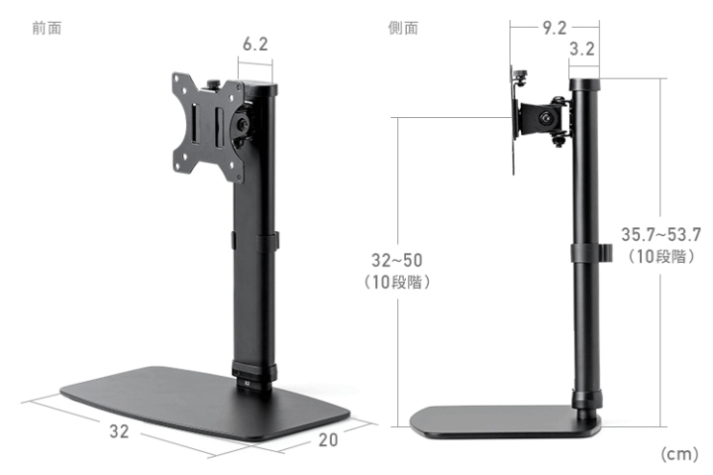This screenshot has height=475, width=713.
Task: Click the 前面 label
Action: coord(47,28)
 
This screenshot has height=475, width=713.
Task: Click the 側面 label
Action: coord(402,28)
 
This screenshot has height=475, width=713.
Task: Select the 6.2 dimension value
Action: coord(255,45)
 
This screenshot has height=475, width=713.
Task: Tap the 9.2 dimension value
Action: coord(555,28)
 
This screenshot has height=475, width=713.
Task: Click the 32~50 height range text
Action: coord(396,260)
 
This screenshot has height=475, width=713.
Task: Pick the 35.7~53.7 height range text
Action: coord(661,235)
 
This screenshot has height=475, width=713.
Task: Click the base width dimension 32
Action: coord(119,432)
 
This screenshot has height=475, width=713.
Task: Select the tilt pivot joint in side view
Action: coord(548,117)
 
